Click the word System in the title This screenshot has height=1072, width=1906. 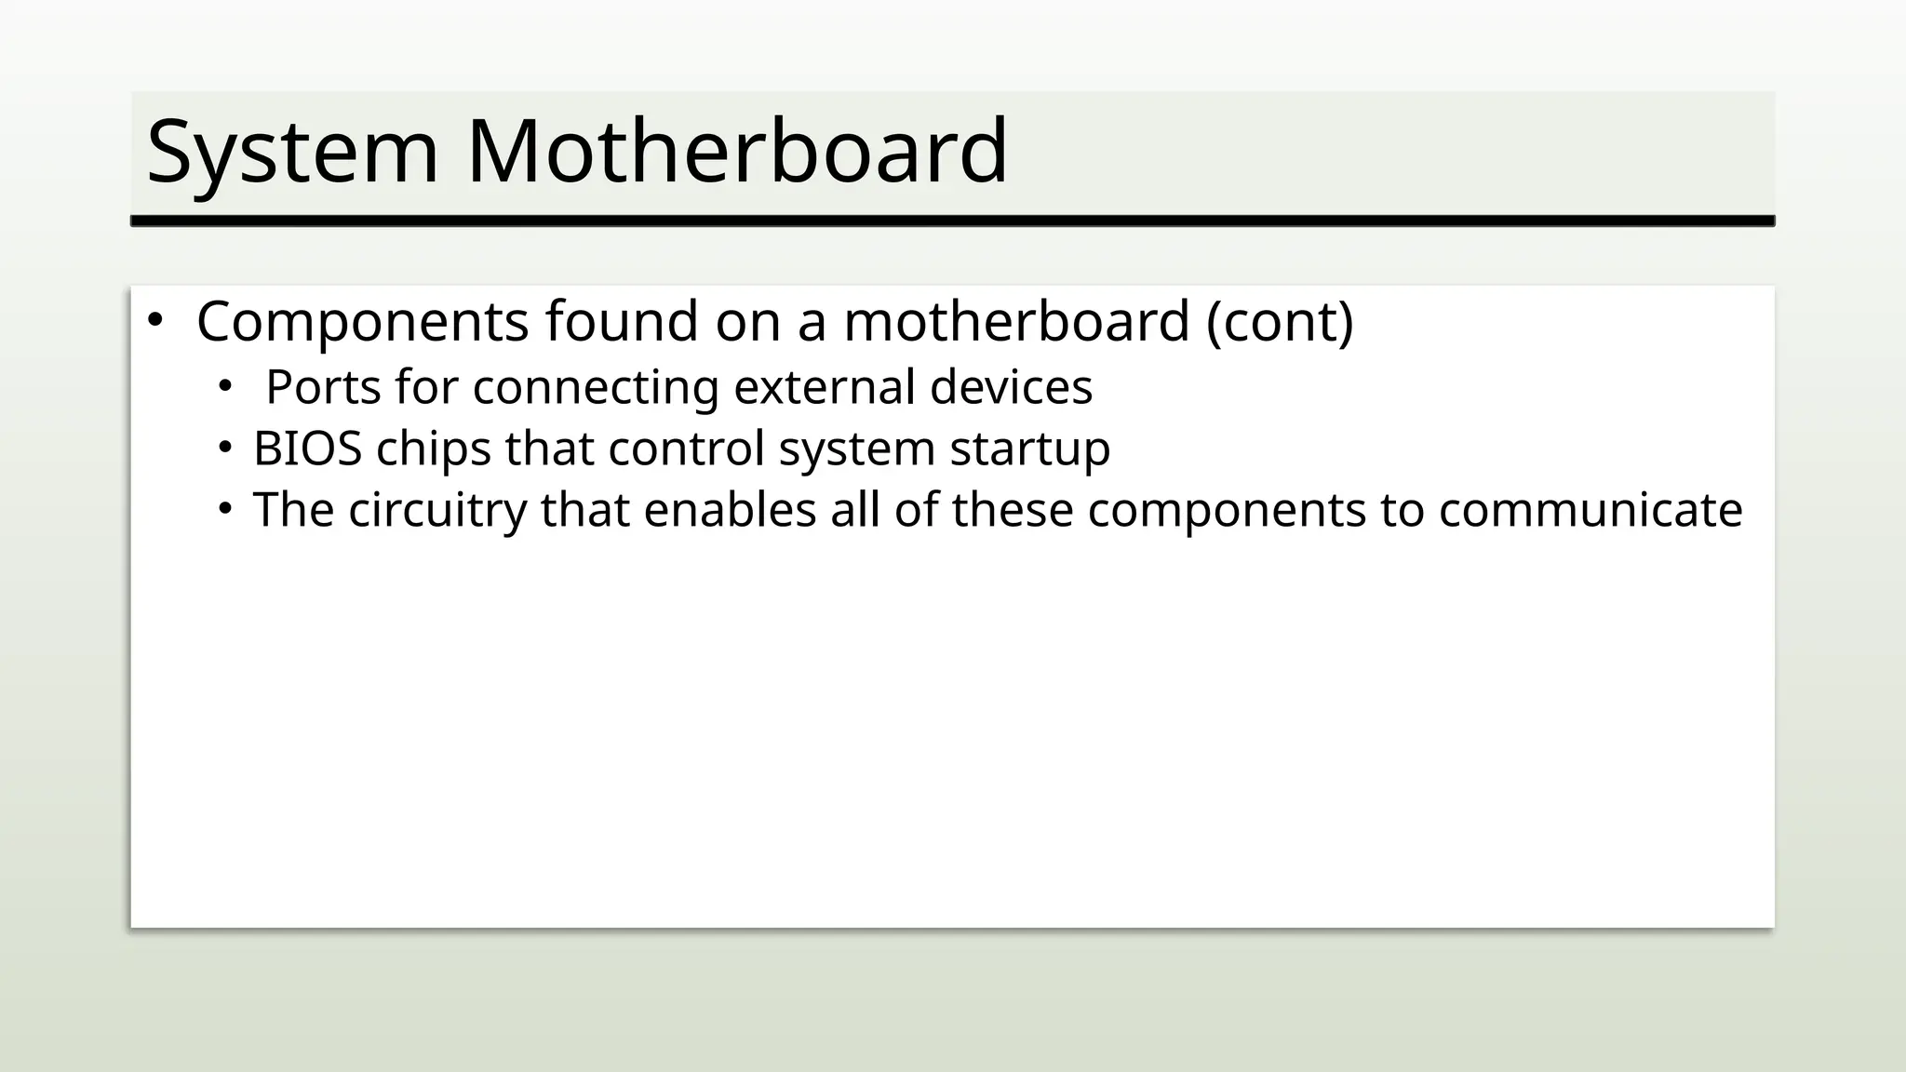click(x=292, y=152)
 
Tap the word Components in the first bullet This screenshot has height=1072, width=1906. click(x=362, y=321)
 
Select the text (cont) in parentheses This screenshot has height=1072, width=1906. click(x=1280, y=321)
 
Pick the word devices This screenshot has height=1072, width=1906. click(x=1011, y=387)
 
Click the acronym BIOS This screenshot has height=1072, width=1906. click(x=307, y=449)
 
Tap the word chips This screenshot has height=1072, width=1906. click(x=433, y=449)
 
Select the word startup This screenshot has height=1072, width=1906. click(x=1029, y=449)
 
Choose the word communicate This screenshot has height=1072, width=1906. click(x=1590, y=510)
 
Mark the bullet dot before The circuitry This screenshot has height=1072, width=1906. click(x=223, y=510)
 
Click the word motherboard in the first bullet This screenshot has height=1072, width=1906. click(x=1016, y=321)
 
